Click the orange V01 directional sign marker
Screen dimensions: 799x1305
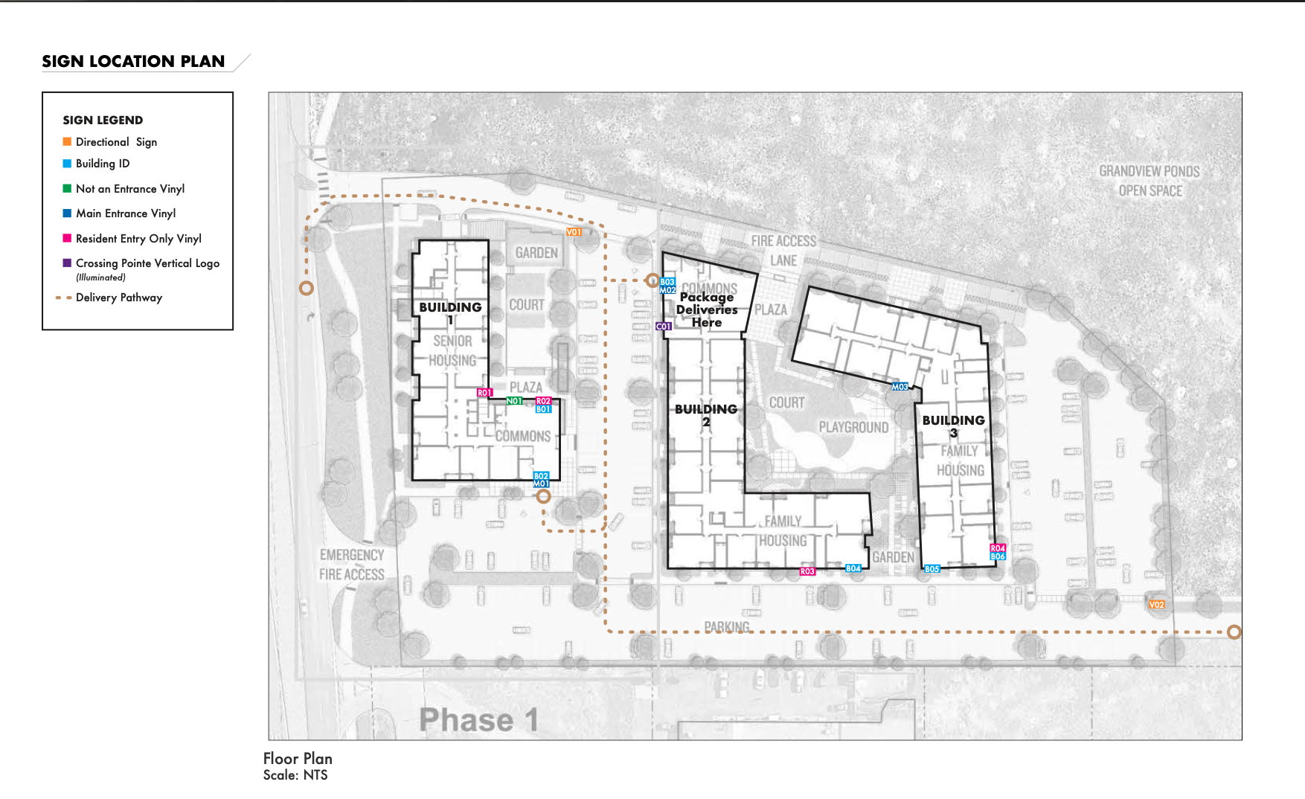coord(574,232)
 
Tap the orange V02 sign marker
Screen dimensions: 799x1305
coord(1156,605)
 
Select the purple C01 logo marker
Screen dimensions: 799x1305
coord(663,327)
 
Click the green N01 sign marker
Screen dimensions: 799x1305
coord(514,401)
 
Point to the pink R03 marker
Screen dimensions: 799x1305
coord(807,571)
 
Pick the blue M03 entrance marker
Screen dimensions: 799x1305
coord(900,387)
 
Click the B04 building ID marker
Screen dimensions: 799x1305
coord(853,568)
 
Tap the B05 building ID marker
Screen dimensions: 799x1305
coord(932,569)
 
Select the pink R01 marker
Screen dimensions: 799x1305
coord(484,393)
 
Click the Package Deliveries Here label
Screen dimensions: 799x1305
coord(707,309)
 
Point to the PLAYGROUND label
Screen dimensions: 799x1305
coord(853,428)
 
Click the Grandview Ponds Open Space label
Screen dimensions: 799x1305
coord(1150,181)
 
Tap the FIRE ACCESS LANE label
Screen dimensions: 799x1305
coord(783,251)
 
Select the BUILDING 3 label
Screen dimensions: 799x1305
coord(953,426)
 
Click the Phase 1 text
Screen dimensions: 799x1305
coord(478,720)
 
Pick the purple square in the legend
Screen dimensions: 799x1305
coord(67,263)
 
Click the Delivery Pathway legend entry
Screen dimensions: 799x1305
coord(118,298)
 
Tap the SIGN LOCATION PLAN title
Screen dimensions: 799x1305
coord(133,62)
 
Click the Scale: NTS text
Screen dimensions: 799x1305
coord(295,775)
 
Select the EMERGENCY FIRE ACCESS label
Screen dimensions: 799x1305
coord(352,565)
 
